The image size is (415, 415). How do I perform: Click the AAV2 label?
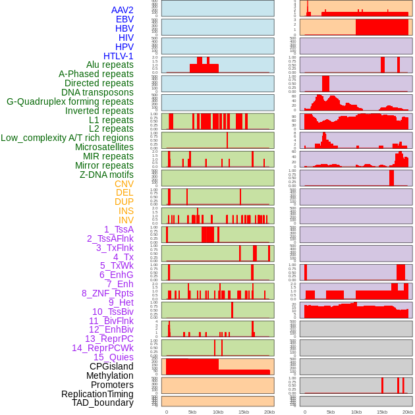coord(122,10)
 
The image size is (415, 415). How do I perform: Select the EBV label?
coord(124,19)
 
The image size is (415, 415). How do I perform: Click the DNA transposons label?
coord(97,92)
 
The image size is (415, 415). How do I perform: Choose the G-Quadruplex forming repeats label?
coord(70,101)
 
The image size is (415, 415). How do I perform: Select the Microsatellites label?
coord(104,147)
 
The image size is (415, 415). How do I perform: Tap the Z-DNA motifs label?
coord(106,175)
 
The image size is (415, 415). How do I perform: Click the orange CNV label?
coord(124,184)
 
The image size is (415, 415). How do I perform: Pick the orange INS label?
coord(126,211)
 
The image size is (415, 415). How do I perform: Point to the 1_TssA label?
coord(119,229)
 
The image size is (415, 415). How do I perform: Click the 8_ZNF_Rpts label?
coord(107,293)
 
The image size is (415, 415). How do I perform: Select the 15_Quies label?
coord(113,357)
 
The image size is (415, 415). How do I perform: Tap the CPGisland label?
coord(111,366)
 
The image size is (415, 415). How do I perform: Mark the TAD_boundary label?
coord(103,402)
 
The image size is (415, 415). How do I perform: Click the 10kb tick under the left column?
coord(218,412)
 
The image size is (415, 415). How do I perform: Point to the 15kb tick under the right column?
coord(382,412)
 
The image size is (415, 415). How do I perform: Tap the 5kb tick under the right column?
coord(331,412)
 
